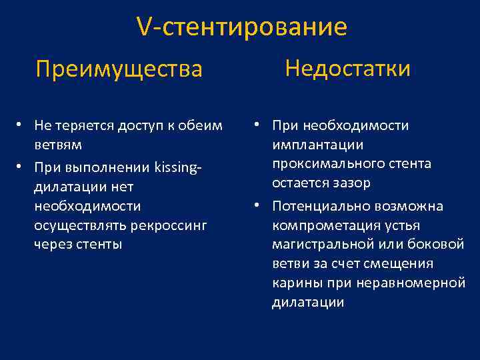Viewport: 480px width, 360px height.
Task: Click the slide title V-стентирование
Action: click(x=241, y=27)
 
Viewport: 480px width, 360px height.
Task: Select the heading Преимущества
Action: click(x=119, y=69)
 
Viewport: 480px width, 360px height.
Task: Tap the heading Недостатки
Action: click(x=347, y=68)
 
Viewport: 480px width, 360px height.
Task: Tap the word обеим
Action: click(x=206, y=126)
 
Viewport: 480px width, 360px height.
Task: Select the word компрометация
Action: click(x=321, y=225)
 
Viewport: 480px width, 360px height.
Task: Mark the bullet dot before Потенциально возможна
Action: click(x=257, y=207)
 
